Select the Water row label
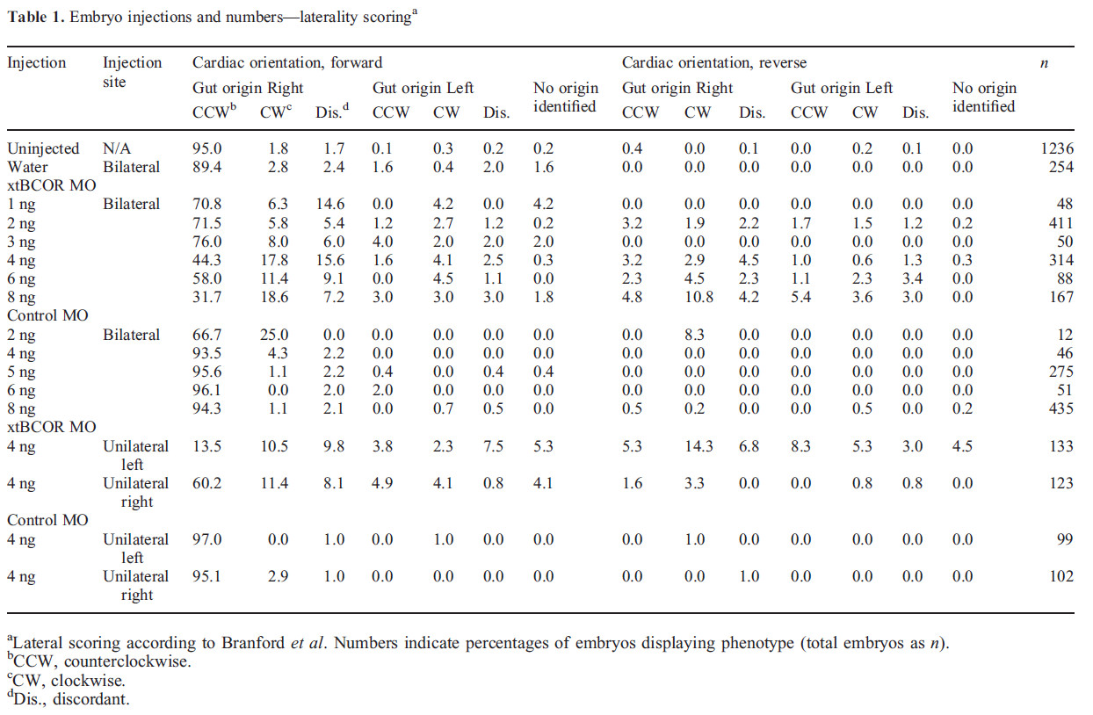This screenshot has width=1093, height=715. pos(28,167)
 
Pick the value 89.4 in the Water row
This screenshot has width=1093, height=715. pos(209,167)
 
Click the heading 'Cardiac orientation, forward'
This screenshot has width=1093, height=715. pos(287,62)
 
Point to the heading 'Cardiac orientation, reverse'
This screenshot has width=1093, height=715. pos(713,62)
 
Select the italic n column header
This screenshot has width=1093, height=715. pos(1044,62)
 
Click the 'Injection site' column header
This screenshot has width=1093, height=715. pos(133,72)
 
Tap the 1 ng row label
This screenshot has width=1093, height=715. pos(22,204)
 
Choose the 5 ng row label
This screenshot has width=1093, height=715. pos(22,372)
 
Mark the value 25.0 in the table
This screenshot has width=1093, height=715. pos(273,335)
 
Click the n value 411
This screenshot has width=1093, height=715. pos(1060,222)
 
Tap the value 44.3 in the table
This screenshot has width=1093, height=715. pos(209,260)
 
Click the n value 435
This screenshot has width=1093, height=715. pos(1060,409)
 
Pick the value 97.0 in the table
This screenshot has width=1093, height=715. pos(209,539)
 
